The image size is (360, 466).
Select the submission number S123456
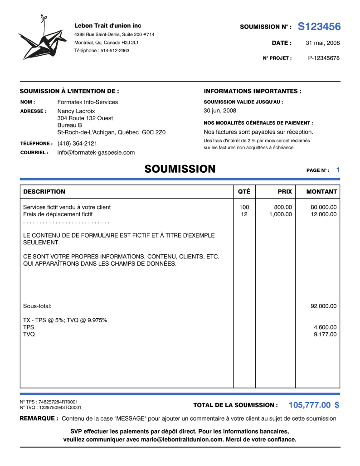[319, 27]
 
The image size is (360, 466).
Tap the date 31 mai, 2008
[322, 43]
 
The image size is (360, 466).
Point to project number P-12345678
[324, 58]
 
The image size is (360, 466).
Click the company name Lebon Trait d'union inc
[108, 25]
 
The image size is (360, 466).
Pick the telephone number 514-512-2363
[115, 50]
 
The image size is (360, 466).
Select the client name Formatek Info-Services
[88, 102]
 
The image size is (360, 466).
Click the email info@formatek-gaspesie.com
[96, 152]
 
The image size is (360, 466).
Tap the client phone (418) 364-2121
[77, 143]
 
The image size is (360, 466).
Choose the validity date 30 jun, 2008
[220, 111]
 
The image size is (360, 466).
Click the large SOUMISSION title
[180, 170]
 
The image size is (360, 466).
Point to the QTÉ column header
[244, 192]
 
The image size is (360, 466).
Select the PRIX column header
[285, 192]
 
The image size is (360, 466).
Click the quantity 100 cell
[244, 207]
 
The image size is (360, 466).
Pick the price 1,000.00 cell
[280, 214]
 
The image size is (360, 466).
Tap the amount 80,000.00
[323, 207]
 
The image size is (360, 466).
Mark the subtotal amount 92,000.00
[323, 306]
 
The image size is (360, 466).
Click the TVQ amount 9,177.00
[325, 335]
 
